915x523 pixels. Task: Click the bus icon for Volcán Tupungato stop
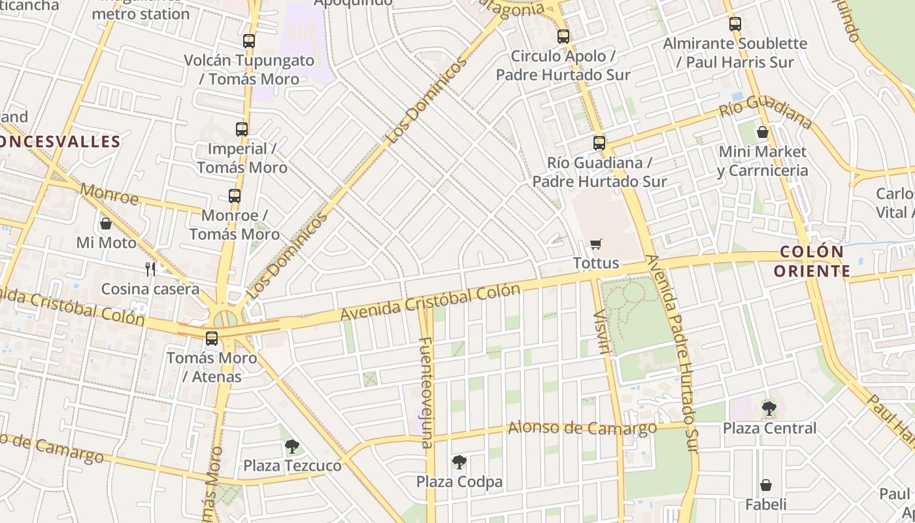[x=248, y=41]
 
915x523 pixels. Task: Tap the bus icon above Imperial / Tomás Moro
[x=242, y=129]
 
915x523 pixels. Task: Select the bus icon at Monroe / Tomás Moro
[x=235, y=195]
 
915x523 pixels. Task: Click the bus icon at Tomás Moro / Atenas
[x=212, y=339]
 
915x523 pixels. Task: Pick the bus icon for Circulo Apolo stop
[x=563, y=37]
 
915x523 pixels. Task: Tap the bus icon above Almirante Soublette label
[x=735, y=24]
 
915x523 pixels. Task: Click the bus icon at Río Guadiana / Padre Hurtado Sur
[x=599, y=143]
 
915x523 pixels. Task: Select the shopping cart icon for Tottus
[x=595, y=245]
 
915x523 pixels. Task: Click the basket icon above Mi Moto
[x=106, y=224]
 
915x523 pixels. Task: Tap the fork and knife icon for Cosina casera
[x=150, y=269]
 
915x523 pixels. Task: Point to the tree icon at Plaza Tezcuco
[x=292, y=447]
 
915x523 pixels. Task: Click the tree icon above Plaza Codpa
[x=459, y=462]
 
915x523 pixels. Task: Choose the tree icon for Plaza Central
[x=769, y=409]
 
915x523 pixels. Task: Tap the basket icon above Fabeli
[x=765, y=486]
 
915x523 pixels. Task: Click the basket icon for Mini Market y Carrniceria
[x=762, y=132]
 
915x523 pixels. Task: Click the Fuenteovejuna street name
[x=426, y=392]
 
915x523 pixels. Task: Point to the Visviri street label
[x=601, y=332]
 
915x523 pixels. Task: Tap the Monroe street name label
[x=110, y=194]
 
